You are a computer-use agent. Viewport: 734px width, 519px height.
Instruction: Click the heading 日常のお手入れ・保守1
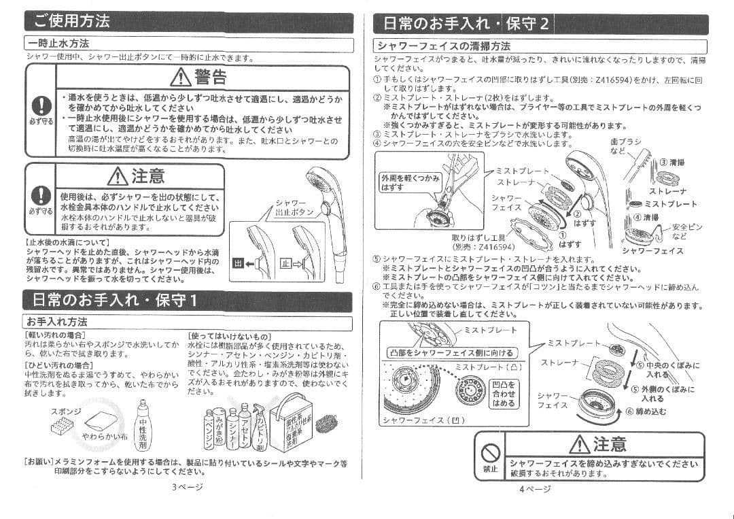(111, 300)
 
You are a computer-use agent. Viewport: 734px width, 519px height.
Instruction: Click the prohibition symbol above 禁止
(491, 450)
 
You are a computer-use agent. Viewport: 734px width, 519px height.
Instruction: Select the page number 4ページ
(535, 488)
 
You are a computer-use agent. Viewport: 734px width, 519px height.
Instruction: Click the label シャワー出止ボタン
(294, 207)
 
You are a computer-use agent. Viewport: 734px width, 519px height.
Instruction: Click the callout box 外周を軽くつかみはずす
(410, 182)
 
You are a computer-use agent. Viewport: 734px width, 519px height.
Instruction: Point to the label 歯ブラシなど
(625, 146)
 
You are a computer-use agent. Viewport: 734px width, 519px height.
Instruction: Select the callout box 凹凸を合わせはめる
(503, 394)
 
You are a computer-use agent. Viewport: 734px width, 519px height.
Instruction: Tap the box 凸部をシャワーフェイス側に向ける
(451, 352)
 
